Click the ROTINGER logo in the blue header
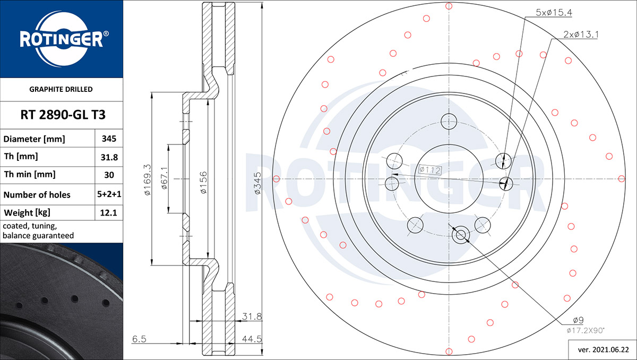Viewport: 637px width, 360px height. click(63, 39)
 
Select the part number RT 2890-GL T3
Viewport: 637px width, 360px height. click(63, 115)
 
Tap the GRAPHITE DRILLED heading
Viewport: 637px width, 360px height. click(61, 89)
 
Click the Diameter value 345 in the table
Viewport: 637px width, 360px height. click(109, 139)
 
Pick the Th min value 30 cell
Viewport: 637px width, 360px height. click(109, 175)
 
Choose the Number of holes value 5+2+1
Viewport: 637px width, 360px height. click(109, 194)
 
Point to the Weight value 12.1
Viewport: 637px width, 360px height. click(109, 213)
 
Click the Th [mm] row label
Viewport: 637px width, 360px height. click(21, 157)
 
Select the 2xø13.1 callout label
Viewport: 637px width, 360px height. click(581, 35)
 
